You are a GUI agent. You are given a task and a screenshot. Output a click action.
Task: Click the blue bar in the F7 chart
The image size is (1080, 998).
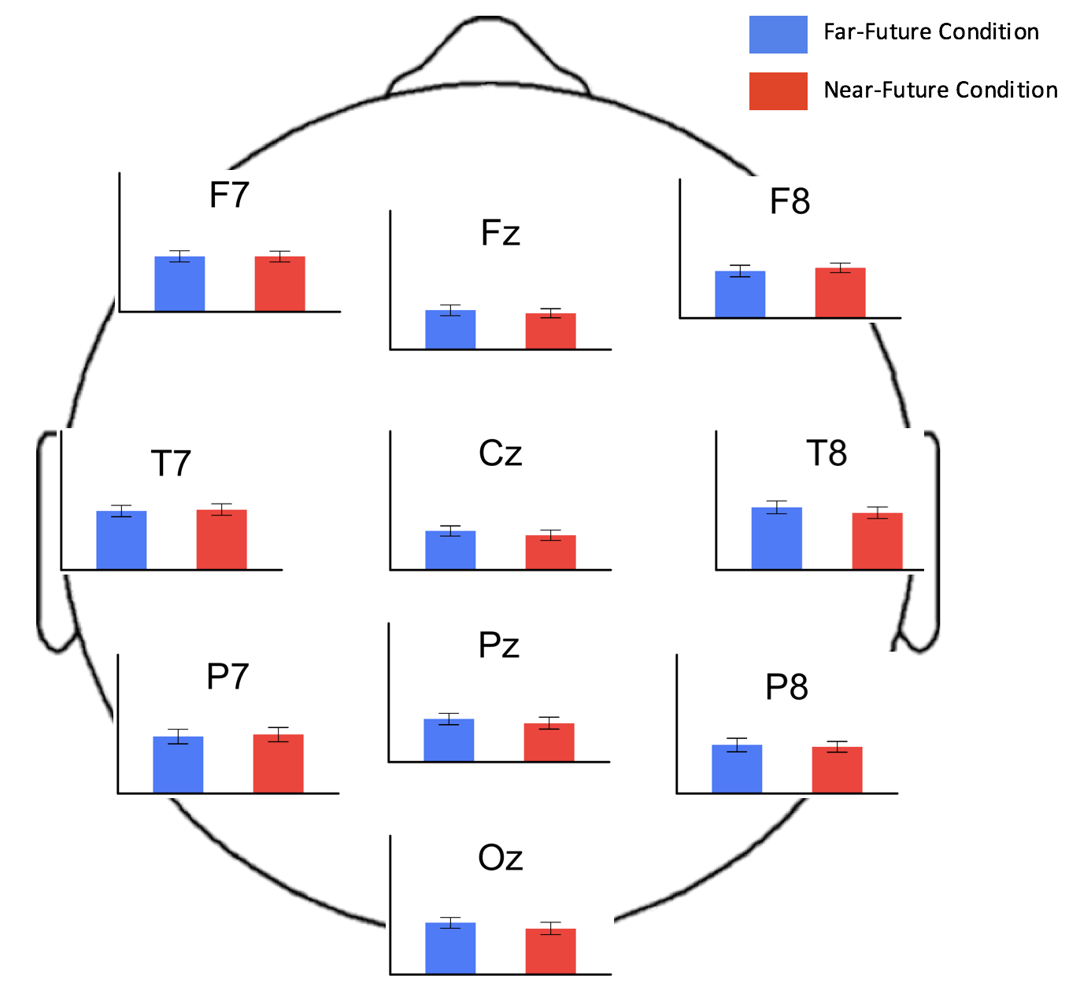coord(179,284)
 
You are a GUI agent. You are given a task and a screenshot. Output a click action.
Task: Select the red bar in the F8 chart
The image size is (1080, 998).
coord(840,293)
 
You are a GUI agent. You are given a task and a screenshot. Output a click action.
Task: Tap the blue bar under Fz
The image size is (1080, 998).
coord(450,330)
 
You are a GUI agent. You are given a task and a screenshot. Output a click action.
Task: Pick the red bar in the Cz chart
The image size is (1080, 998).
coord(550,553)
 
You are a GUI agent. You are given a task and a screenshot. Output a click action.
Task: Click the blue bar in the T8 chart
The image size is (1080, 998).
coord(776,538)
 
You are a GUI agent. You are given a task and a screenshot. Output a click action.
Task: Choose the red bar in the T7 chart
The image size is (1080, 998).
coord(221,540)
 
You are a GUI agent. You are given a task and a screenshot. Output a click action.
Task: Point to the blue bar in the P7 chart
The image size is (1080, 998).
coord(178,764)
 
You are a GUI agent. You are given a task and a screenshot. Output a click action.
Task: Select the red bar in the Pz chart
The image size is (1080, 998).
coord(549,742)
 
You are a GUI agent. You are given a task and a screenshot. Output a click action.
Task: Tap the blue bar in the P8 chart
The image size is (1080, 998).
coord(737,769)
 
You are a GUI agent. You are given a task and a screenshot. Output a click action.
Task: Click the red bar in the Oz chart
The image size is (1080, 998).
coord(550,952)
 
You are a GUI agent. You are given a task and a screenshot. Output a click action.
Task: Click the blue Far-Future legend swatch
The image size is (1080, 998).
coord(778,35)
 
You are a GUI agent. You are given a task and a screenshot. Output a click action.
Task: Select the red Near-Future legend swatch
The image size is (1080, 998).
coord(778,91)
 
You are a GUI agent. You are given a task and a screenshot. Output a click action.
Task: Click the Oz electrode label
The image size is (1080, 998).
coord(501,858)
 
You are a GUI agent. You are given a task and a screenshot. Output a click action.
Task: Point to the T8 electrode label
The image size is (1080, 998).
coord(827,453)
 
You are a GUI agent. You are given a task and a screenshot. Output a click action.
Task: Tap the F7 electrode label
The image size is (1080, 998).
coord(229,195)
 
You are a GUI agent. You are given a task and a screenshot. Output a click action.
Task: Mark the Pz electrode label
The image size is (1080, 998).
coord(499,645)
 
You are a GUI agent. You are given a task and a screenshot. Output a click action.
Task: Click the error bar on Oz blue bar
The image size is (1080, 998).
coord(450,922)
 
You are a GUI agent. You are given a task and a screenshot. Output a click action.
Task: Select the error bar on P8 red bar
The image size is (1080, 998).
coord(837,747)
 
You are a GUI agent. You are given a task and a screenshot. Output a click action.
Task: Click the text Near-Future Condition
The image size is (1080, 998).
coord(940,91)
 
